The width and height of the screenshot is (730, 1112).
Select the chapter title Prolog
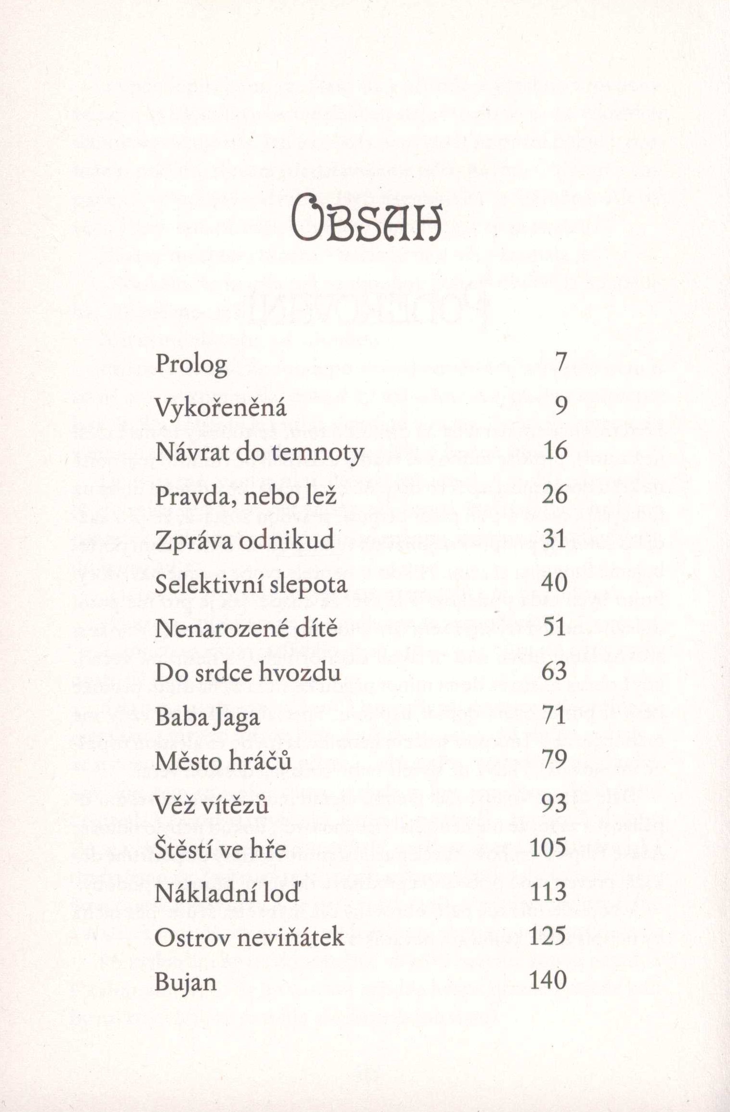click(x=191, y=365)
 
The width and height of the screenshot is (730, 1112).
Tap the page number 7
click(x=561, y=362)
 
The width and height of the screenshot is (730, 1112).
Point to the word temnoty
click(x=317, y=453)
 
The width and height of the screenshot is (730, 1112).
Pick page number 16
click(x=555, y=451)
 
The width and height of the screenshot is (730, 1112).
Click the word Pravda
click(x=196, y=496)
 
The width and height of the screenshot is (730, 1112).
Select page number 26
click(x=554, y=495)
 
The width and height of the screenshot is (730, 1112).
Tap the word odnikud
click(x=287, y=540)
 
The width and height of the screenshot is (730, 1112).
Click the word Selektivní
click(x=208, y=584)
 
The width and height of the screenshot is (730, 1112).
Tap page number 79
click(x=554, y=760)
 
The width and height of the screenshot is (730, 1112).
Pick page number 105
click(x=548, y=848)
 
